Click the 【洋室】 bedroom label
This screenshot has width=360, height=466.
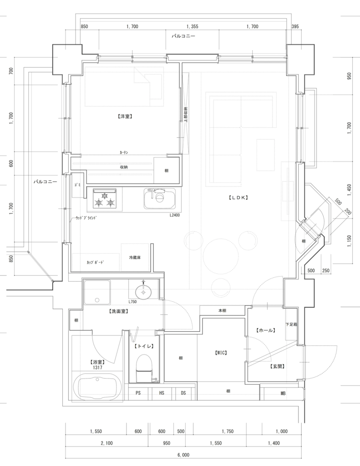click(x=124, y=116)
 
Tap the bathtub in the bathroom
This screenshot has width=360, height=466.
click(x=98, y=387)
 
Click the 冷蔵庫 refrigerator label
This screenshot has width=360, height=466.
click(x=135, y=258)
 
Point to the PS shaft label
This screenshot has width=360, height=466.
click(x=138, y=393)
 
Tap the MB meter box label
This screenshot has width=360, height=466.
click(x=283, y=393)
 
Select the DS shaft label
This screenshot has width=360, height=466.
click(x=183, y=393)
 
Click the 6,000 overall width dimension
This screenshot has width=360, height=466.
click(x=183, y=455)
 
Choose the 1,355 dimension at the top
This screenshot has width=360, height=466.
click(x=192, y=26)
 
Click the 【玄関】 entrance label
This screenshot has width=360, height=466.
click(x=276, y=365)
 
